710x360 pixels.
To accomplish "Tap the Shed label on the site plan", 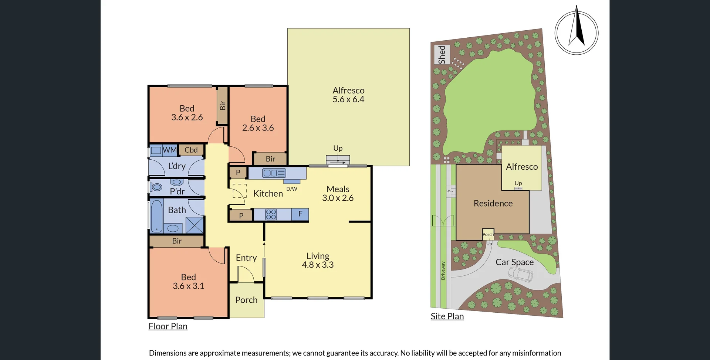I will pyautogui.click(x=442, y=55).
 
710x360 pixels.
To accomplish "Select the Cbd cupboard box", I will pyautogui.click(x=191, y=150).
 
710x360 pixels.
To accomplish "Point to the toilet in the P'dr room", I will pyautogui.click(x=177, y=182).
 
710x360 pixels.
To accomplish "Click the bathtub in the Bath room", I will pyautogui.click(x=156, y=216).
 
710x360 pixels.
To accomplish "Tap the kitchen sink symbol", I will pyautogui.click(x=274, y=173).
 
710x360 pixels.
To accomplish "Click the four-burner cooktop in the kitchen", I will pyautogui.click(x=271, y=214).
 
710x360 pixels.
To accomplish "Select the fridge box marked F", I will pyautogui.click(x=300, y=214).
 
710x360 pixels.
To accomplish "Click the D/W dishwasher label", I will pyautogui.click(x=292, y=189).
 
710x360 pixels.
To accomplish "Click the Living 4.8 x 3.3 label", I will pyautogui.click(x=318, y=260).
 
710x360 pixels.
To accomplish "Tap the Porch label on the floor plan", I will pyautogui.click(x=246, y=300).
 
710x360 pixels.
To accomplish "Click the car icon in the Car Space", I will pyautogui.click(x=521, y=275).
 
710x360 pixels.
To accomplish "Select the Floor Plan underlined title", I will pyautogui.click(x=168, y=326).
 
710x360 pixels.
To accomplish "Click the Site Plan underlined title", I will pyautogui.click(x=447, y=316).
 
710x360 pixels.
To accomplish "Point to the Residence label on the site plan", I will pyautogui.click(x=493, y=203).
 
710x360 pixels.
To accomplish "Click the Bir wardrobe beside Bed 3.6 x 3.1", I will pyautogui.click(x=177, y=241).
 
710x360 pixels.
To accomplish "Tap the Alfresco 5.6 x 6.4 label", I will pyautogui.click(x=348, y=95).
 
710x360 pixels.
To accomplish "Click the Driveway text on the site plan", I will pyautogui.click(x=443, y=271).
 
